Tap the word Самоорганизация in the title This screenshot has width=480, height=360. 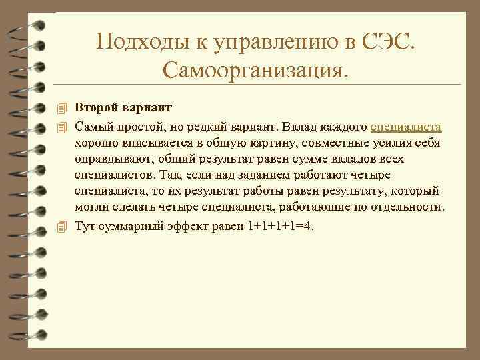(x=254, y=68)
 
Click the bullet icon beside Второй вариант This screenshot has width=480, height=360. (x=62, y=108)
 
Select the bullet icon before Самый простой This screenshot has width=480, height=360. (x=62, y=126)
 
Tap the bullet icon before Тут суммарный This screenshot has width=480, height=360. (x=62, y=226)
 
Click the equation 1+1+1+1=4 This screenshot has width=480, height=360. (x=280, y=225)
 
